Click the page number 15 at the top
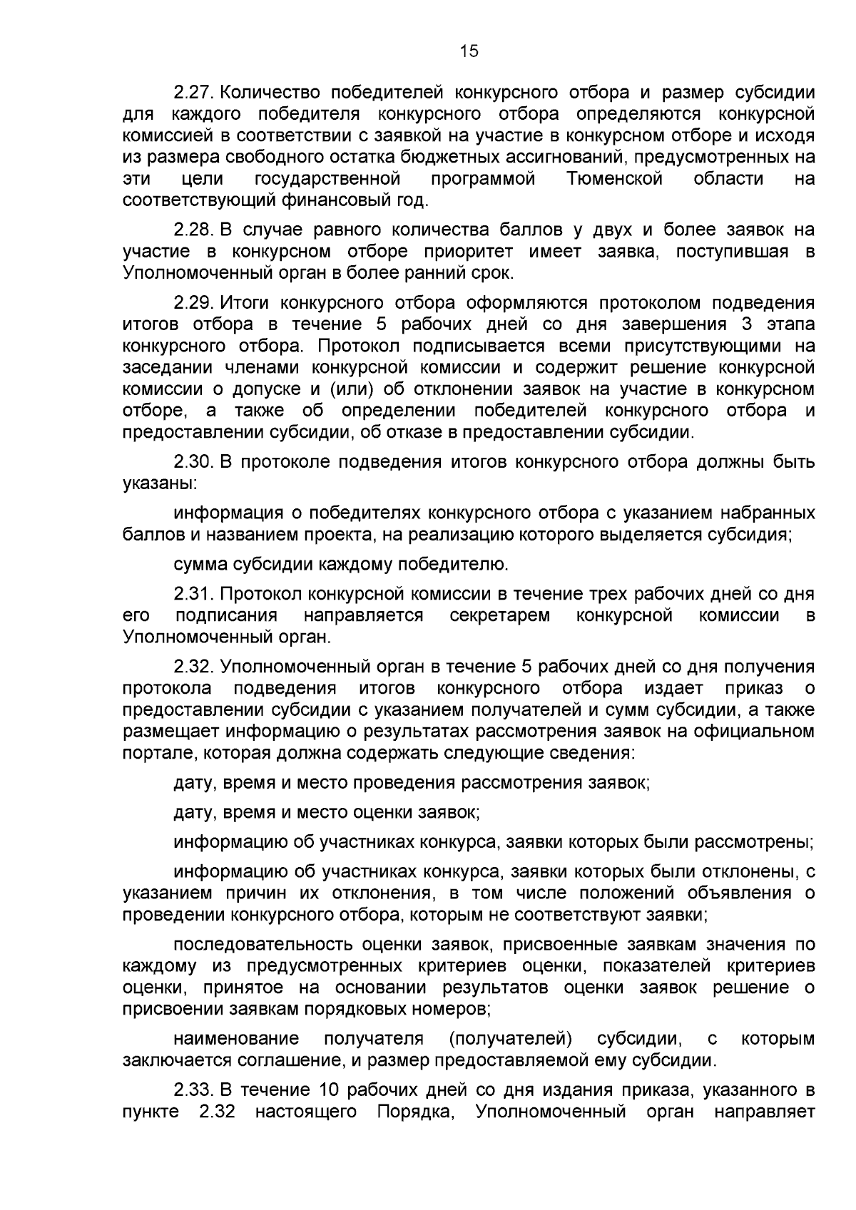tap(469, 51)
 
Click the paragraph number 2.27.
tap(193, 93)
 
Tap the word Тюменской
tap(615, 178)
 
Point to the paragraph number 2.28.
tap(193, 230)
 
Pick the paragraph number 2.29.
tap(193, 303)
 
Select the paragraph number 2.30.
tap(193, 462)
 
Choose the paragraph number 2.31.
tap(193, 594)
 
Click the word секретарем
tap(499, 615)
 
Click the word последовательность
tap(264, 945)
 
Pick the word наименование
tap(236, 1038)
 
